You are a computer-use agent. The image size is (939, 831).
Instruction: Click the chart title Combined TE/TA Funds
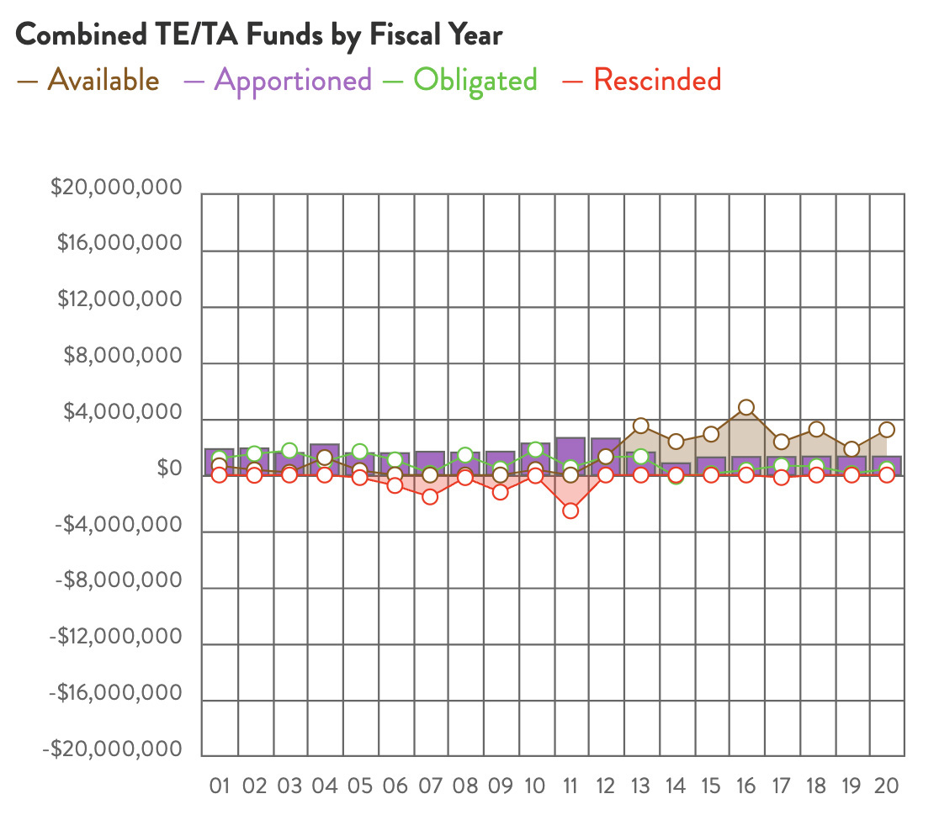click(259, 34)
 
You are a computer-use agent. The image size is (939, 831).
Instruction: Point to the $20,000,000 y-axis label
click(116, 188)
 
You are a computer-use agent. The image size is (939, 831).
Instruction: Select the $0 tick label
click(169, 468)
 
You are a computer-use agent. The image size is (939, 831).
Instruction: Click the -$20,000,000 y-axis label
click(116, 749)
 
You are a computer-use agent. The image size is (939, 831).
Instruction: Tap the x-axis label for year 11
click(570, 786)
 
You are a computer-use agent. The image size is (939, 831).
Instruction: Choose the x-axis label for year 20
click(887, 786)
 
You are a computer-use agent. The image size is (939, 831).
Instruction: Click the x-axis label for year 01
click(220, 786)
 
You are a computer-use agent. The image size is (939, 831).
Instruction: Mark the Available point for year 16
click(745, 408)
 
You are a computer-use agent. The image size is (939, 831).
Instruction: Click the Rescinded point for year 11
click(570, 511)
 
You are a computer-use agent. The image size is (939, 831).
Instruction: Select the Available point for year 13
click(640, 426)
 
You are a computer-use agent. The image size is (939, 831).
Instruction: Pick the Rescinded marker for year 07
click(430, 496)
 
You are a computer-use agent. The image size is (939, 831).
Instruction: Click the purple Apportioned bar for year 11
click(570, 454)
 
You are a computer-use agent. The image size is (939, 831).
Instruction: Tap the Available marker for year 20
click(886, 430)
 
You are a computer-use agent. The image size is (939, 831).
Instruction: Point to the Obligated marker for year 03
click(289, 451)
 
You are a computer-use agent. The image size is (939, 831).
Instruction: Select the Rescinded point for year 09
click(500, 492)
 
